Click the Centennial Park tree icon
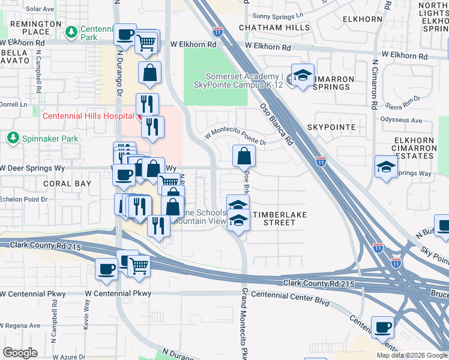tap(71, 31)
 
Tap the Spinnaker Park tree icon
tap(12, 139)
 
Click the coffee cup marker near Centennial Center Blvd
tap(382, 327)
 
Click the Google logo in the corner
tap(20, 353)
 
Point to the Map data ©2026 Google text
tap(412, 355)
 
